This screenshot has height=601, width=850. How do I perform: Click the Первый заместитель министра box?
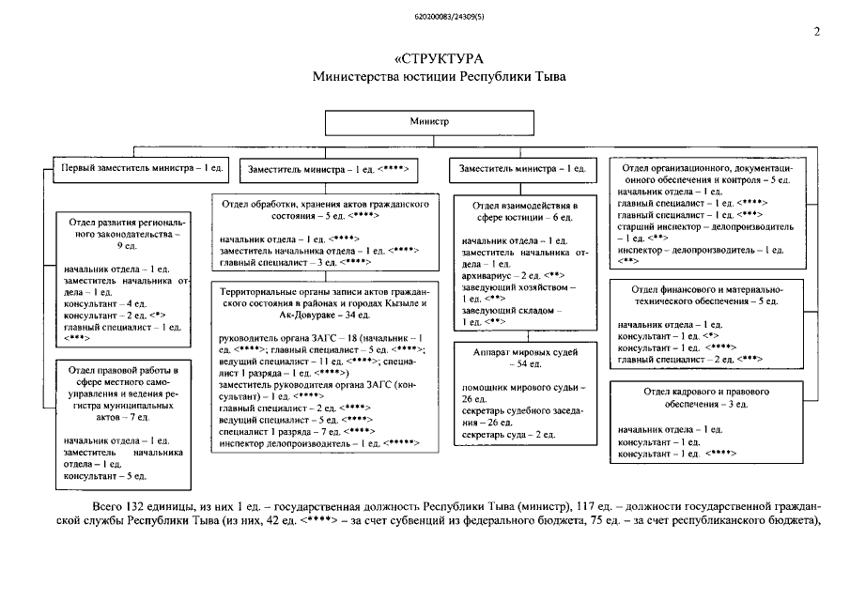coord(142,169)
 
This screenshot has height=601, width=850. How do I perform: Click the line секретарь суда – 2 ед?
coord(507,436)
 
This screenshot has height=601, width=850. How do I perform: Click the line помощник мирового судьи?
coord(523,387)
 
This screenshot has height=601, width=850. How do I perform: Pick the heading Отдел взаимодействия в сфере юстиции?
coord(524,210)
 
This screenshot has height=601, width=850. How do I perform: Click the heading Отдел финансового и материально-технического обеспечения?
coord(701,295)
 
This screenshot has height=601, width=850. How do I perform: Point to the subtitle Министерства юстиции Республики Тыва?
coord(440,76)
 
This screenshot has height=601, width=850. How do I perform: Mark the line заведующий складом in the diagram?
coord(511,310)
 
